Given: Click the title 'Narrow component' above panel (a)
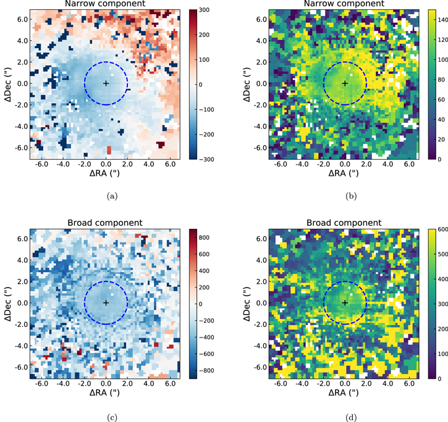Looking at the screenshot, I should (106, 4).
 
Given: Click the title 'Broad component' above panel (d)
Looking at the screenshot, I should (345, 223).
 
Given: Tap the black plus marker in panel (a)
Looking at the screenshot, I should (106, 83).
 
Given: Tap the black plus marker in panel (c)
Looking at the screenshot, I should (106, 302).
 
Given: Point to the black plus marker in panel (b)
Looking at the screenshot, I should (345, 83).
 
